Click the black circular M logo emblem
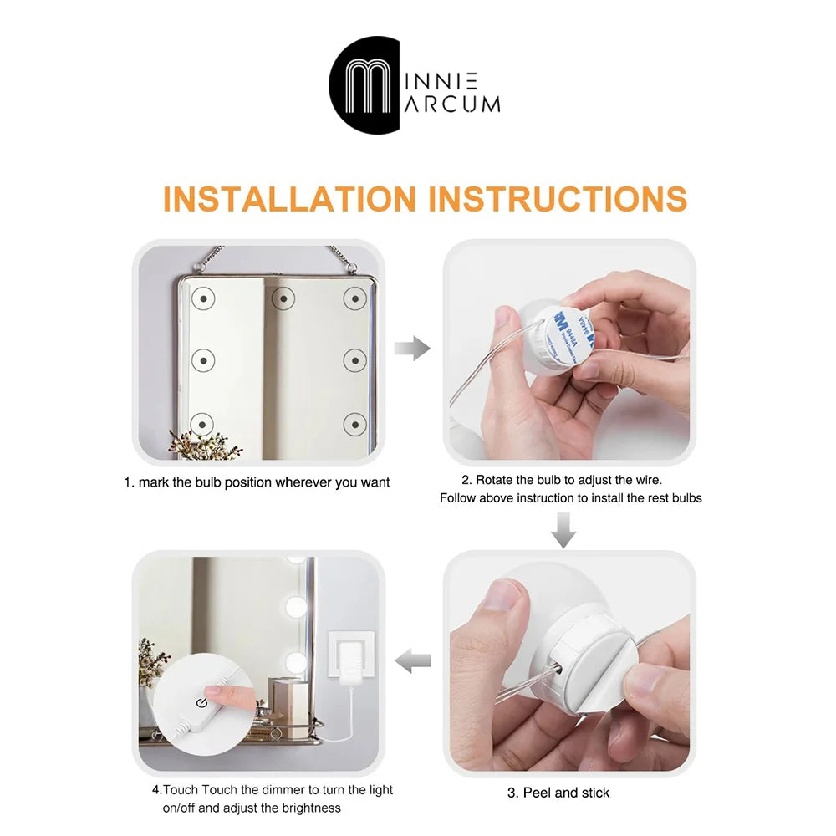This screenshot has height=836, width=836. tap(364, 84)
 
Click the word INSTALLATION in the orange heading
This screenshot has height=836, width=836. tap(289, 199)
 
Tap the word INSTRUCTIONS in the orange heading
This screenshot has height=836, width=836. tap(558, 199)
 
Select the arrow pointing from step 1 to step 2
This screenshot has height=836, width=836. tap(412, 349)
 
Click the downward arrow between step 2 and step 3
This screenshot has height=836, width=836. tap(563, 531)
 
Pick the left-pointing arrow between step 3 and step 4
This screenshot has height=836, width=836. tap(412, 660)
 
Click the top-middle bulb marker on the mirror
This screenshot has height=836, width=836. tap(283, 298)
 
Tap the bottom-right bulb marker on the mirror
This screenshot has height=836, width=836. tap(355, 425)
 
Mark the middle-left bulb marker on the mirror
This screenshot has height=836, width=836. tap(203, 360)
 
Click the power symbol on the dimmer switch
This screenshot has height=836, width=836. tap(201, 703)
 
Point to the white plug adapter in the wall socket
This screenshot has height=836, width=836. tap(350, 659)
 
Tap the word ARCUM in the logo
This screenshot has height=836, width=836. tap(452, 104)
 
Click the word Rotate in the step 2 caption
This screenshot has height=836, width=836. tap(494, 480)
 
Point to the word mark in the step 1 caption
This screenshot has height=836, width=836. tap(154, 482)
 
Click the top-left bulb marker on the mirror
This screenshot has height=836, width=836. tap(203, 298)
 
